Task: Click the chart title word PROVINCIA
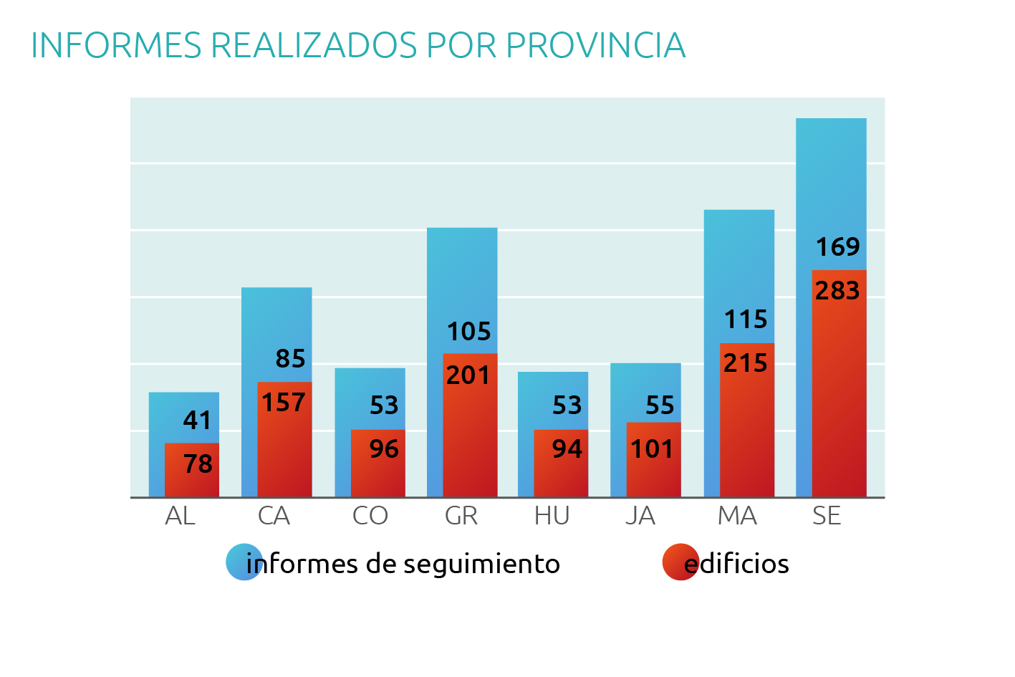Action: [595, 46]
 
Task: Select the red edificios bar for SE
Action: [839, 401]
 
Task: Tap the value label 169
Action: [837, 247]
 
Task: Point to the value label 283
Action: [837, 291]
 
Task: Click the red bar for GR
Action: [470, 437]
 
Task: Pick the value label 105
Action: [469, 332]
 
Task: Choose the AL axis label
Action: [180, 516]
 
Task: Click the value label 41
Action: [198, 421]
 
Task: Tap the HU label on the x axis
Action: [552, 516]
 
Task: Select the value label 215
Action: [746, 363]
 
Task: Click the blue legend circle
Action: [244, 562]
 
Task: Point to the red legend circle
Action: [680, 562]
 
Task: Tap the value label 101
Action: [652, 449]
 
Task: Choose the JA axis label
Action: [640, 516]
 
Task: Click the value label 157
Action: [284, 403]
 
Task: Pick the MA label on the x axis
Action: [737, 516]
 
